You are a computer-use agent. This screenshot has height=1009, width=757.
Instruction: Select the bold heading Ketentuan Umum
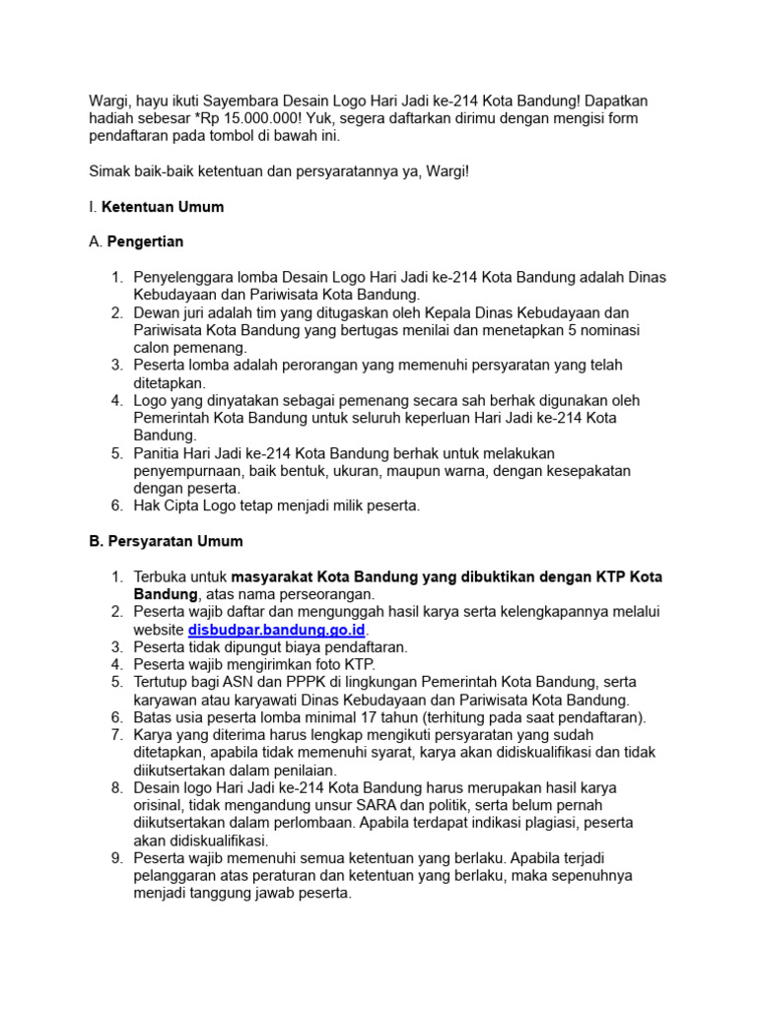click(x=163, y=207)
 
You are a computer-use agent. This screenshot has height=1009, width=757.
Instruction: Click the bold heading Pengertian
click(x=146, y=242)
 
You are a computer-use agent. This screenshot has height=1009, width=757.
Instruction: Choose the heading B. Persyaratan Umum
click(x=166, y=542)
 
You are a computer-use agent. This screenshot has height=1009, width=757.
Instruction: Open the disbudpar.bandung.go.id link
click(x=277, y=630)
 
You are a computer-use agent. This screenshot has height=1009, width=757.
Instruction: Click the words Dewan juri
click(x=171, y=312)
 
